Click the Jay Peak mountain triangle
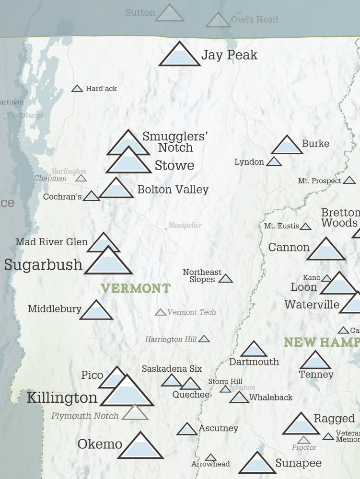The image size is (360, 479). click(179, 55)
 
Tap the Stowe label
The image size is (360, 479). click(174, 166)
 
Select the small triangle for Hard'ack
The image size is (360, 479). click(77, 89)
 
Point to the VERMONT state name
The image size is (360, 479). click(136, 288)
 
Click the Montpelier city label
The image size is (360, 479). click(185, 225)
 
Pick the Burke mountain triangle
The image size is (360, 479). click(287, 146)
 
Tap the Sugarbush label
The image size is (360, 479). click(43, 265)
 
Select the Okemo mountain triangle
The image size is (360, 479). click(140, 446)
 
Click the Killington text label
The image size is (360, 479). click(62, 398)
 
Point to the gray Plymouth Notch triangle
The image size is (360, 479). click(135, 413)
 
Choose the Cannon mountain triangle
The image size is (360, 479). click(326, 250)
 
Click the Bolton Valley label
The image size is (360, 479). click(173, 190)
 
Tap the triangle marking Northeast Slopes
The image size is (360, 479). click(225, 278)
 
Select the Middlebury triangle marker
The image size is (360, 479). click(96, 311)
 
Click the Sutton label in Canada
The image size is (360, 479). click(140, 12)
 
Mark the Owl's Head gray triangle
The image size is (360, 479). click(218, 21)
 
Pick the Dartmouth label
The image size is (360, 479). click(254, 362)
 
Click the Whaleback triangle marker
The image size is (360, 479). click(239, 398)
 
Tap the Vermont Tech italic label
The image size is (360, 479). click(192, 312)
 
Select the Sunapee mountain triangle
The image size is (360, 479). click(257, 464)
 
